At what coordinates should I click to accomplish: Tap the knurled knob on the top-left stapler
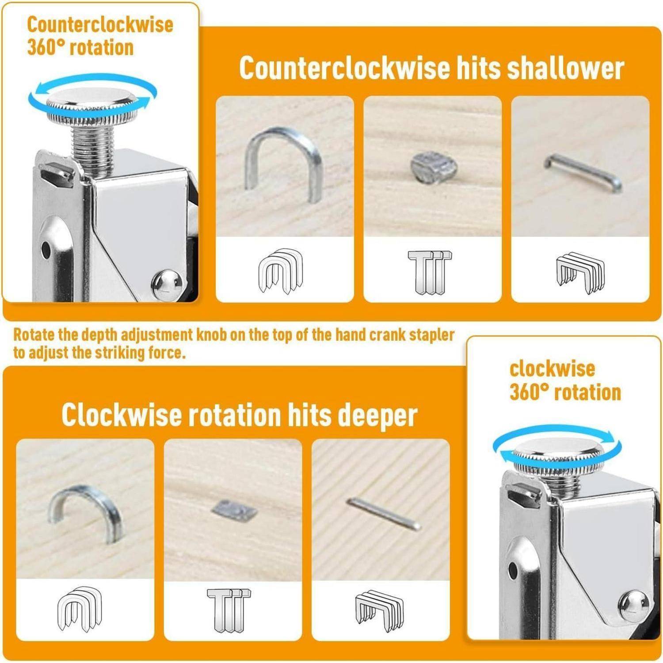point(92,106)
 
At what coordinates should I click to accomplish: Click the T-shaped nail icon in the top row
point(429,272)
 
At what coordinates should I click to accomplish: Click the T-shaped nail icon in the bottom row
point(229,610)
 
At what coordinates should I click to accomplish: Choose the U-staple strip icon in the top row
point(281,270)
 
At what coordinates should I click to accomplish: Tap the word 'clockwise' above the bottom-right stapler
point(552,369)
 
